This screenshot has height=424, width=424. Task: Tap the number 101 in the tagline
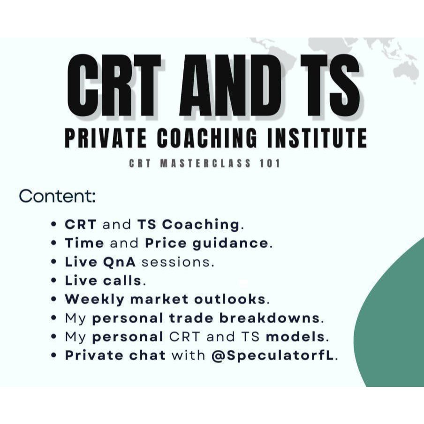[x=269, y=164]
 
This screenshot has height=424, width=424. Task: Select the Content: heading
[x=57, y=197]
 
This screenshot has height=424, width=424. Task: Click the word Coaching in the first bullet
[x=201, y=224]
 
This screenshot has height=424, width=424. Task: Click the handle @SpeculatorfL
[x=273, y=355]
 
